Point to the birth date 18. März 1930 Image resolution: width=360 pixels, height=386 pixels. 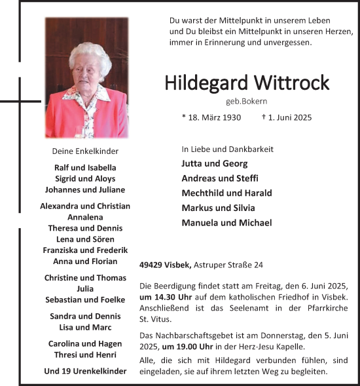tap(211, 118)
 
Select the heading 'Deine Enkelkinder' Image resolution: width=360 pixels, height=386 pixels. tap(85, 151)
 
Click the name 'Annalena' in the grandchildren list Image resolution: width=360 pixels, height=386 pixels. tap(85, 217)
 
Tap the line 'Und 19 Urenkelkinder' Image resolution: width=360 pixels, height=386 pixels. tap(85, 371)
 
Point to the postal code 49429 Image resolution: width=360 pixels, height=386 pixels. tap(152, 265)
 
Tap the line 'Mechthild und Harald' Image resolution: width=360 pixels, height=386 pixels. tap(226, 193)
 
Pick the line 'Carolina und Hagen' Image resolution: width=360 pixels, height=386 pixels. tap(85, 344)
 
